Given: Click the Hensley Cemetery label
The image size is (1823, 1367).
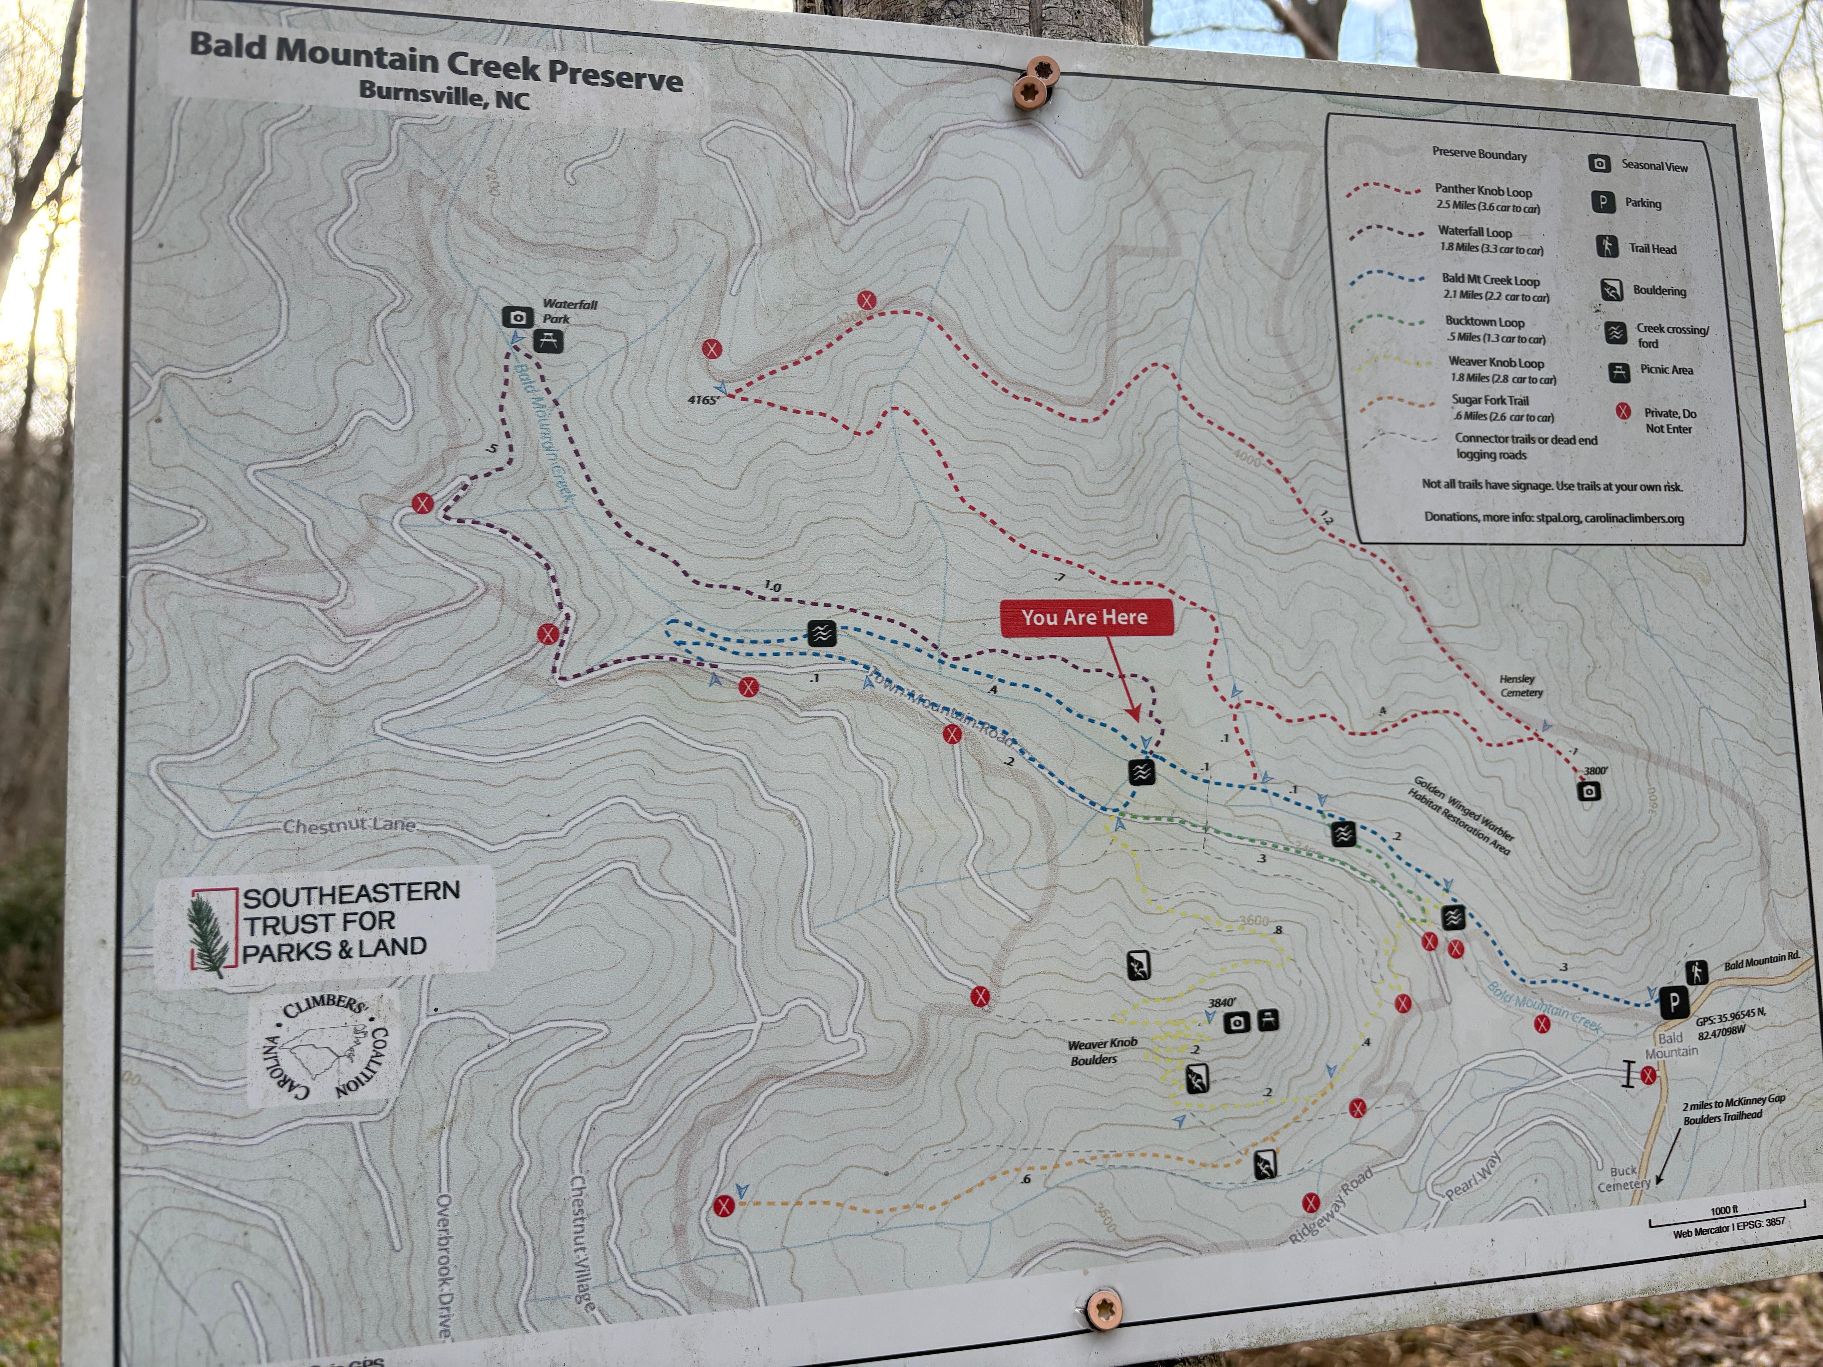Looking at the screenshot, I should pos(1519,686).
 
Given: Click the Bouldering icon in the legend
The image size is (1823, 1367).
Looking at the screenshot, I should pos(1612,289).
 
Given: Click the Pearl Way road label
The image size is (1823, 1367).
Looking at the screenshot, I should pos(1474,1176).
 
